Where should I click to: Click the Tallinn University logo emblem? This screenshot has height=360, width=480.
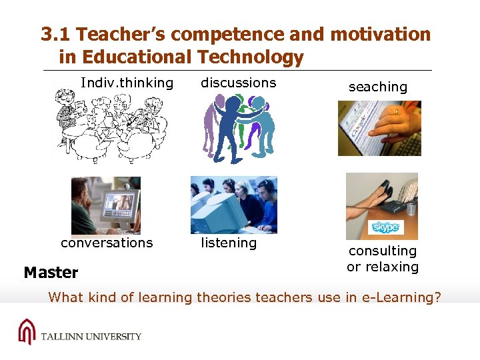(26, 331)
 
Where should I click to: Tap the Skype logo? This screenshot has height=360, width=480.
(386, 228)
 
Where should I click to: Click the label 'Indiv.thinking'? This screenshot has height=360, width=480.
(127, 83)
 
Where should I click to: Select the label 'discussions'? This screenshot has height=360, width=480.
(238, 83)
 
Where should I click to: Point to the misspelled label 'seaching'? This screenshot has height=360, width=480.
(377, 87)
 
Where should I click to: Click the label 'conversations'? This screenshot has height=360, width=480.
(107, 243)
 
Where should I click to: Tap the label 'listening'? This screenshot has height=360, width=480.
(229, 243)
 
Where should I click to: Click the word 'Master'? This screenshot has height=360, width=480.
(51, 273)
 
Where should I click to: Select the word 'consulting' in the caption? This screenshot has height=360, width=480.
(383, 251)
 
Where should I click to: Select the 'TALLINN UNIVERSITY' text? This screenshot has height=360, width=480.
(91, 336)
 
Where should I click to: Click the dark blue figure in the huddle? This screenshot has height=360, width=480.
(233, 127)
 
